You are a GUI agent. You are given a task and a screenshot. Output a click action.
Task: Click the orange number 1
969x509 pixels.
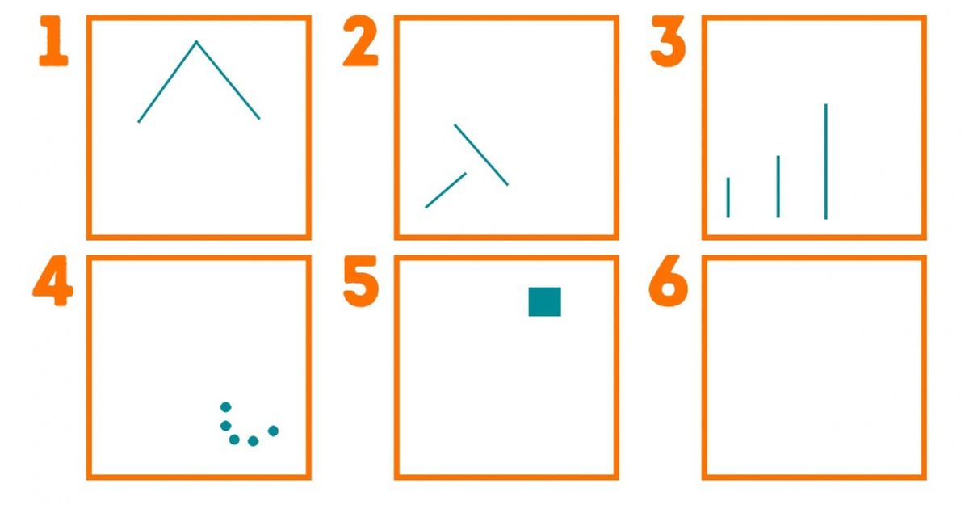point(53,41)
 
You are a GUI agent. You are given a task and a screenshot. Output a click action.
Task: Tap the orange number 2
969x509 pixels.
point(360,41)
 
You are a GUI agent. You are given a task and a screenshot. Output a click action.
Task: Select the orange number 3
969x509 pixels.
point(668,41)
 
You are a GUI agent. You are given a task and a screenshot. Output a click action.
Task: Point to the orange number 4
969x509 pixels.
point(52,281)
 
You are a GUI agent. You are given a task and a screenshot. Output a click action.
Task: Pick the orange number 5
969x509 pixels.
point(361,281)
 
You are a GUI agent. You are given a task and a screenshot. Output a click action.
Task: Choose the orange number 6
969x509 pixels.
point(669,281)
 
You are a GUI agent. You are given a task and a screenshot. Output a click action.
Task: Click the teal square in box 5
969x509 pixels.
point(544,301)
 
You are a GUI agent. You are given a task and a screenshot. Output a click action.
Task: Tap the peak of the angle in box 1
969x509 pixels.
point(196,41)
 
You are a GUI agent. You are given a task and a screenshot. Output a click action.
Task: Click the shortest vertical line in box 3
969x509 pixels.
point(728,197)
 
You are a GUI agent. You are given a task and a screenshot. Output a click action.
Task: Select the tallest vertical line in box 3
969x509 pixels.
point(826,162)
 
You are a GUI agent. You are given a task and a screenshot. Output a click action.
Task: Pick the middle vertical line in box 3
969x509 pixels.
point(778,187)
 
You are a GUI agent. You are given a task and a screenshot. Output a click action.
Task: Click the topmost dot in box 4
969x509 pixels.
point(226,407)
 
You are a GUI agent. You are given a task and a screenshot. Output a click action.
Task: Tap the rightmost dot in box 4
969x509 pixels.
point(273,431)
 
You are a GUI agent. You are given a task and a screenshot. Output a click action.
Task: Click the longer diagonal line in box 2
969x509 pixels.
point(481,155)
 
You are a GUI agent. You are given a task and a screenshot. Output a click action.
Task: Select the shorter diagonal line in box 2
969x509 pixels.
point(446,190)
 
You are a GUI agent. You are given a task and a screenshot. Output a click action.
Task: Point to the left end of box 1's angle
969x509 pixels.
point(138,122)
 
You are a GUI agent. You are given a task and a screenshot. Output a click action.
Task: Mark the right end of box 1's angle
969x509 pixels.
point(259,119)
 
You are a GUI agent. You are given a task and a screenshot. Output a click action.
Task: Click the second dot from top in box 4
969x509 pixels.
point(225,426)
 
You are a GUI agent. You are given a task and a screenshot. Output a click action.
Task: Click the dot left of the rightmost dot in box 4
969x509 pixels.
point(253,441)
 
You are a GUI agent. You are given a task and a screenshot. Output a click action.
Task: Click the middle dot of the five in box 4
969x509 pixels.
point(234,440)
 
